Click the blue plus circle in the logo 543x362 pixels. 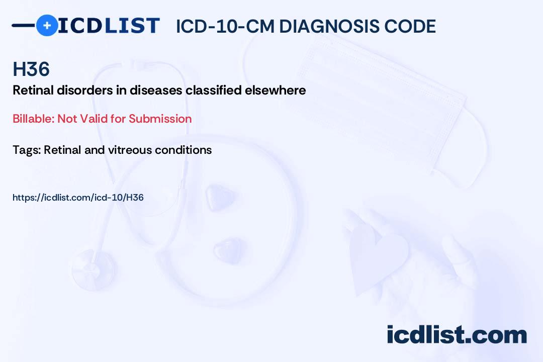(47, 25)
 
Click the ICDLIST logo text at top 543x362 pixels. (109, 25)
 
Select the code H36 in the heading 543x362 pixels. (31, 69)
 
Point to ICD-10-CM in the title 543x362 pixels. (225, 26)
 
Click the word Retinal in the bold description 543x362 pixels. (32, 90)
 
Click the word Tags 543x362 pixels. (26, 150)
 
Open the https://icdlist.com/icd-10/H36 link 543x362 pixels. (78, 198)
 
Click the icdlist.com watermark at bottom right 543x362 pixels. (457, 335)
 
